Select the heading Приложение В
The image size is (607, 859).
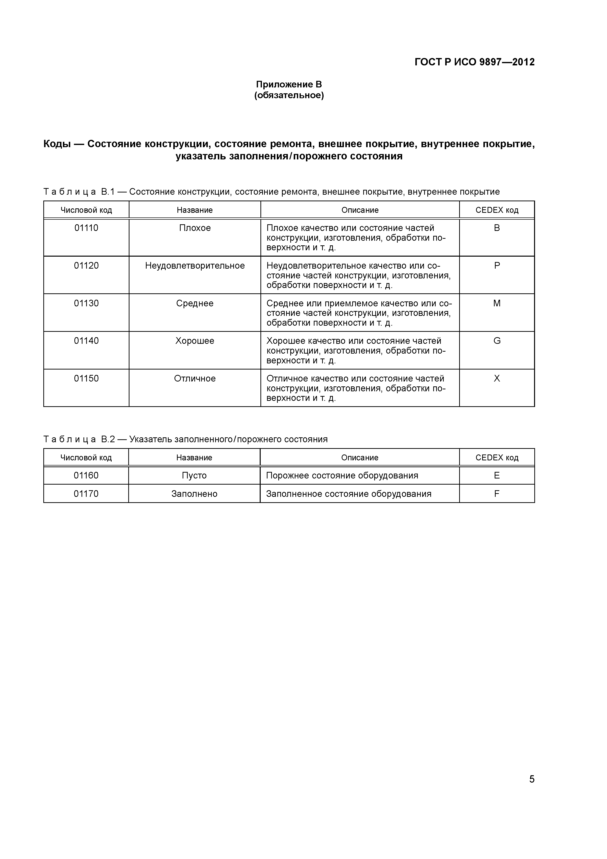[289, 84]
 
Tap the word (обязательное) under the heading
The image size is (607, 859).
[289, 96]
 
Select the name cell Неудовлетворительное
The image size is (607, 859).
[195, 266]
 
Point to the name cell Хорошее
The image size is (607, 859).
[195, 341]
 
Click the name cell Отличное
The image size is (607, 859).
[195, 378]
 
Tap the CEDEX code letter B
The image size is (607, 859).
[497, 228]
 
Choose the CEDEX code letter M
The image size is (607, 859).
[497, 303]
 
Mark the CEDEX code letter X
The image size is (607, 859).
[497, 378]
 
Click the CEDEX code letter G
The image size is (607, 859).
[497, 341]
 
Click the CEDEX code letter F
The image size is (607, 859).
[497, 494]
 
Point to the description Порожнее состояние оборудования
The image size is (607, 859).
[342, 476]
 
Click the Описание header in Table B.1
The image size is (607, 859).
[360, 210]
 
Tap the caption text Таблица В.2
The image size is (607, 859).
[79, 439]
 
